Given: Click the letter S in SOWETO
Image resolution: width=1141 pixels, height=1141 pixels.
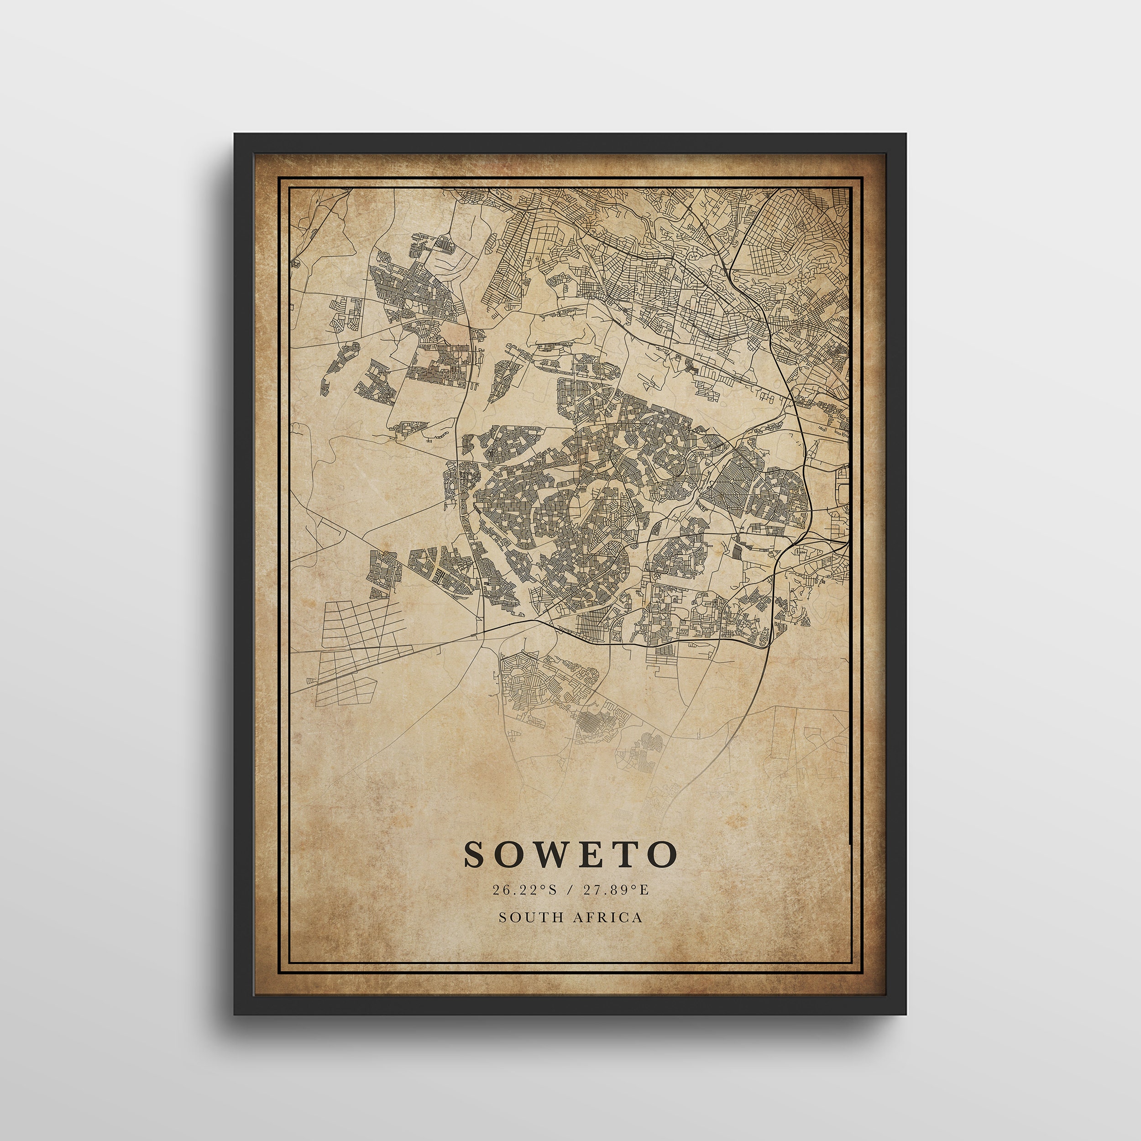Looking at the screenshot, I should pyautogui.click(x=477, y=854).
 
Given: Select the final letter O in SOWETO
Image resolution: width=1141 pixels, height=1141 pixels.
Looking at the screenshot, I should pyautogui.click(x=661, y=854).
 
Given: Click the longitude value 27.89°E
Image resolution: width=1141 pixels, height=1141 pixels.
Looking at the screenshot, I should pyautogui.click(x=616, y=890).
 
